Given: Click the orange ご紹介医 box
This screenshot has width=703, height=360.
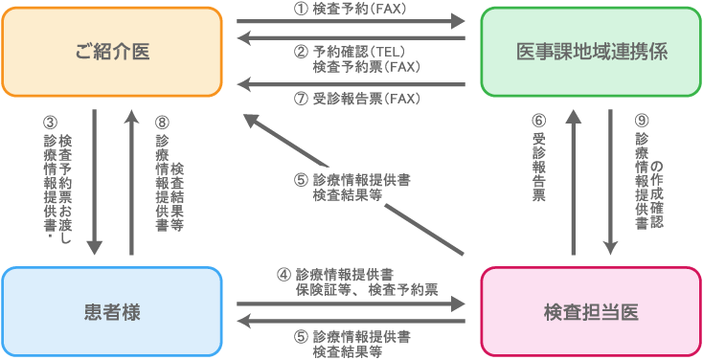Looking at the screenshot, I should click(x=112, y=52).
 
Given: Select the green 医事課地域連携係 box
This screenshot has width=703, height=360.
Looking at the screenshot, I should click(x=591, y=52).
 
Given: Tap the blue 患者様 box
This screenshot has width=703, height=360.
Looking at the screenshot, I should click(x=112, y=311).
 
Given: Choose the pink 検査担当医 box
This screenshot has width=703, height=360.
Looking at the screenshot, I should click(x=591, y=311).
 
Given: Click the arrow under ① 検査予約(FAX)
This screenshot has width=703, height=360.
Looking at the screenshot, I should click(x=351, y=18).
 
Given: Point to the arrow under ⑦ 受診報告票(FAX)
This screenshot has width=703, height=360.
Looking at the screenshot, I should click(x=351, y=84).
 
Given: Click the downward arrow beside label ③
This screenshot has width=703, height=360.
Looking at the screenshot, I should click(x=95, y=182).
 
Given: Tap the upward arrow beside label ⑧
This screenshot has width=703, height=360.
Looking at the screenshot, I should click(x=130, y=182).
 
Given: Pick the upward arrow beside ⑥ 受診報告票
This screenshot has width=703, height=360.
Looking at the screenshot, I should click(x=573, y=182).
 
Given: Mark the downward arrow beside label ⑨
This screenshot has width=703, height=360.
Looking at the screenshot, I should click(x=610, y=182).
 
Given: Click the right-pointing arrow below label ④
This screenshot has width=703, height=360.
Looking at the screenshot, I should click(x=351, y=304).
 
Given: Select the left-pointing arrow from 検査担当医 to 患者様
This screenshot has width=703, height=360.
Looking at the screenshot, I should click(x=351, y=323).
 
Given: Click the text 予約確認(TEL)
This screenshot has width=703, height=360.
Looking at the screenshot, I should click(x=359, y=53).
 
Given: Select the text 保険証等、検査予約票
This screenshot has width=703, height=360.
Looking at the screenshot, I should click(x=367, y=289).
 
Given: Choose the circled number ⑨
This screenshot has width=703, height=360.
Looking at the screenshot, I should click(x=641, y=122).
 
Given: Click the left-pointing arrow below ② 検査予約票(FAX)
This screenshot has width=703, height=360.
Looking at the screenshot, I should click(x=351, y=38).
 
